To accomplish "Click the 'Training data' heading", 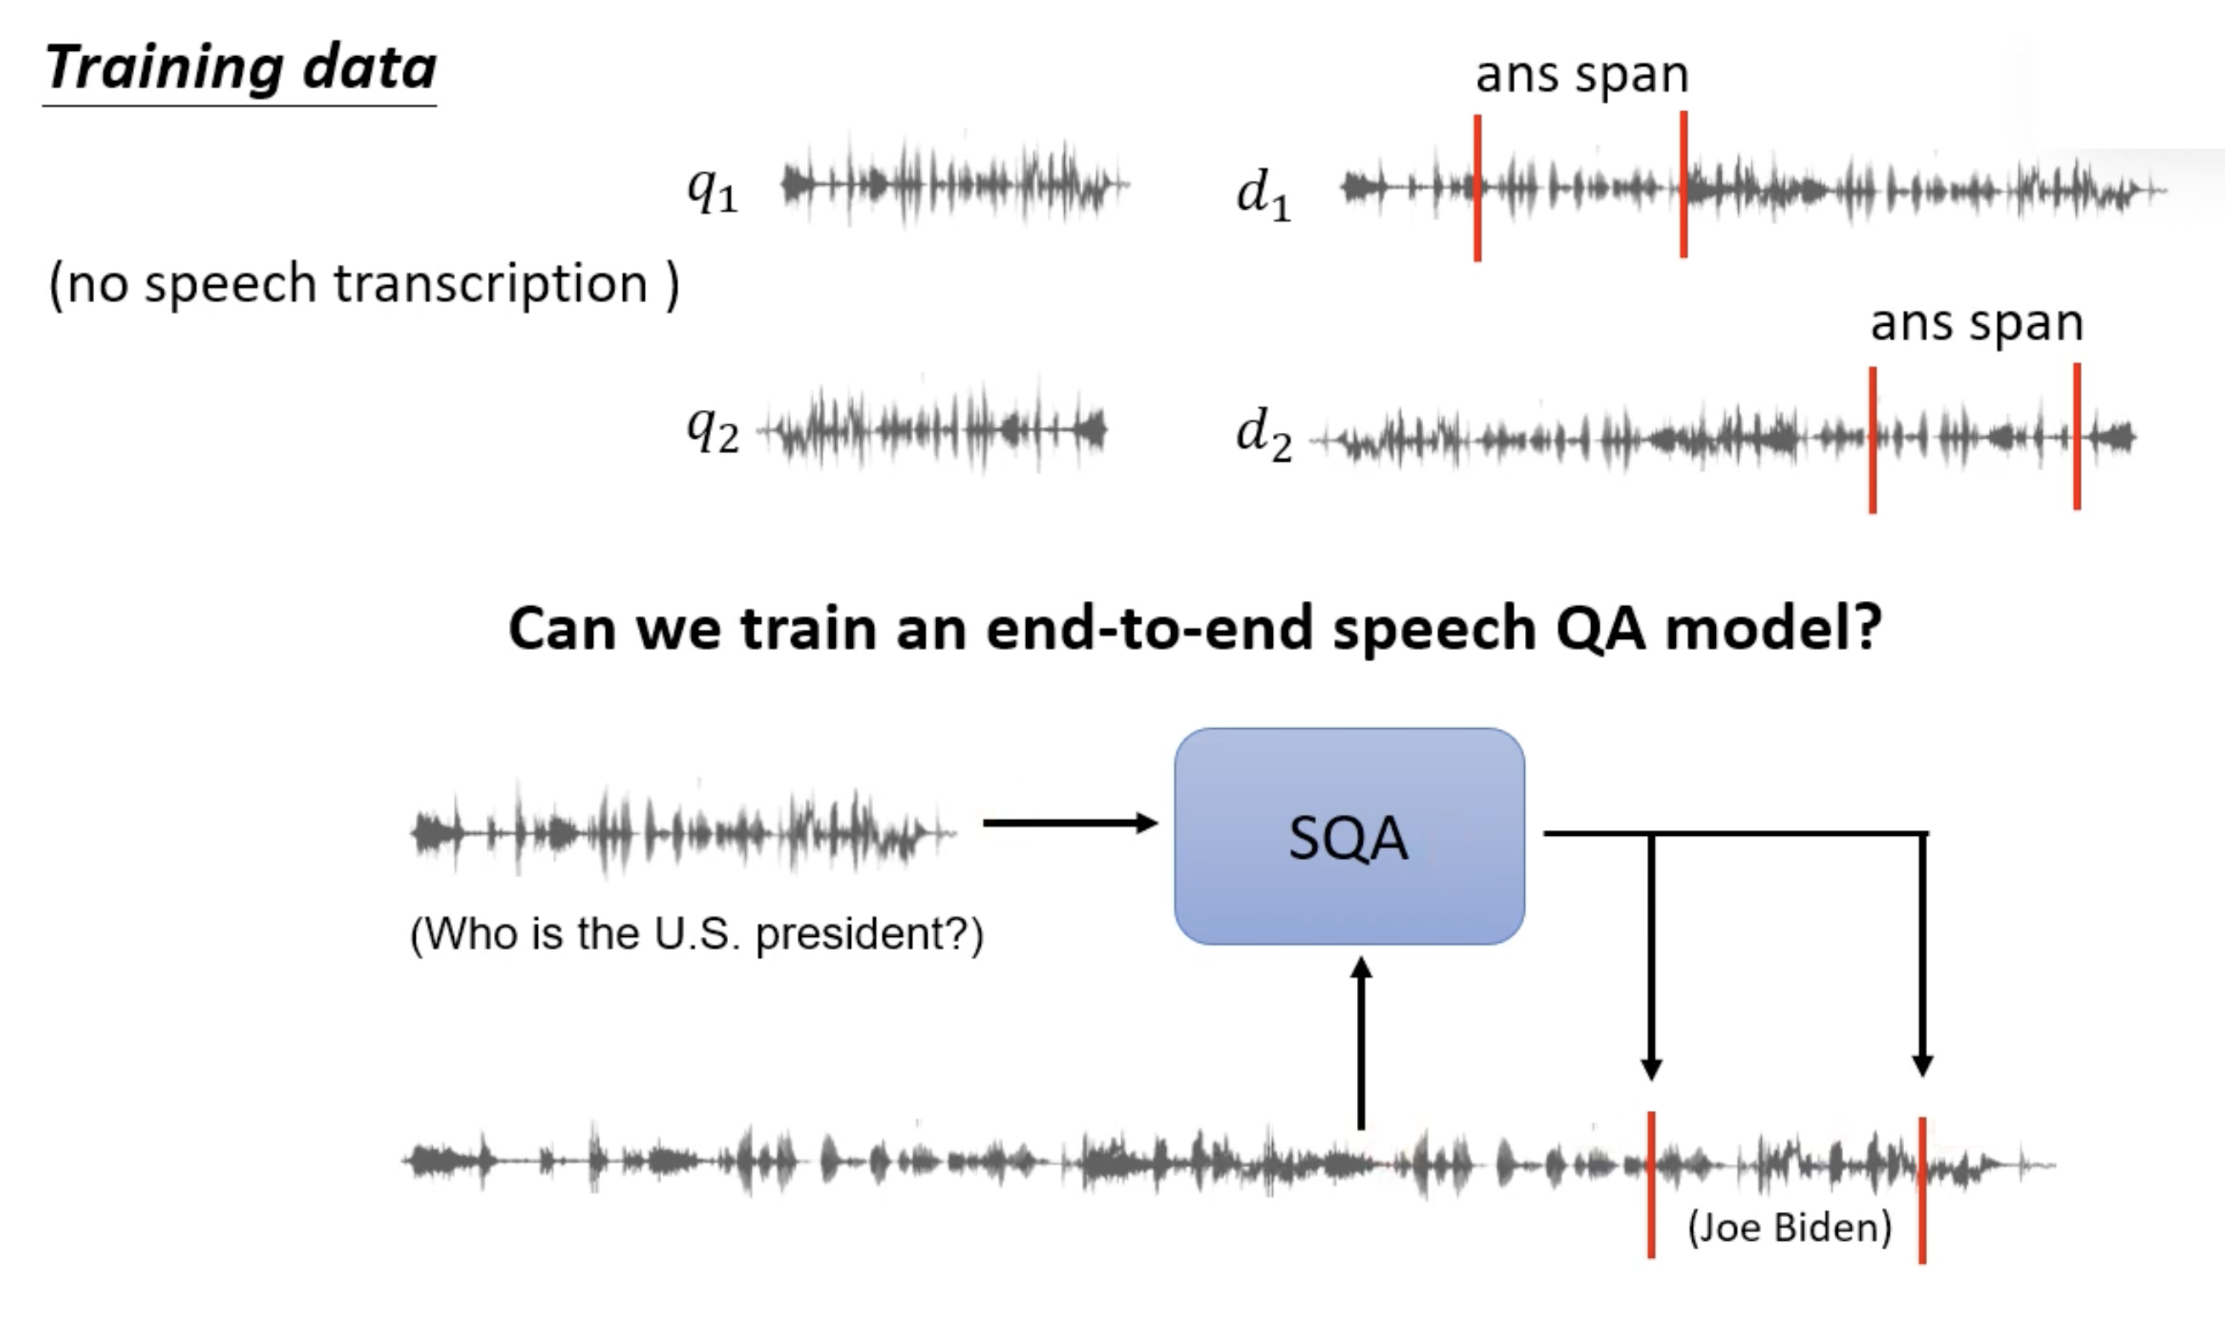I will pyautogui.click(x=241, y=70).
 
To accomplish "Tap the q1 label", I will pyautogui.click(x=713, y=189).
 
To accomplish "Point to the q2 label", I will pyautogui.click(x=713, y=429).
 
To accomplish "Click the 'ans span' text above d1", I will pyautogui.click(x=1582, y=75).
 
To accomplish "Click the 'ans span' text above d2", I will pyautogui.click(x=1976, y=323).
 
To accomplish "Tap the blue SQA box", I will pyautogui.click(x=1348, y=836).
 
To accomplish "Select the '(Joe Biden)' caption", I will pyautogui.click(x=1789, y=1227).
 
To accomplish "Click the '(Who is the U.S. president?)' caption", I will pyautogui.click(x=697, y=934).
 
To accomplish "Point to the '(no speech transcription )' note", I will pyautogui.click(x=364, y=284).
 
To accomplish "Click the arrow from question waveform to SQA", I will pyautogui.click(x=1069, y=822).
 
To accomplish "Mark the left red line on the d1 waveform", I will pyautogui.click(x=1477, y=188).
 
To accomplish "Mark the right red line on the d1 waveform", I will pyautogui.click(x=1683, y=184).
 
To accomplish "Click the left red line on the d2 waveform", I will pyautogui.click(x=1873, y=439).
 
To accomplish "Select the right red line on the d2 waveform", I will pyautogui.click(x=2077, y=436).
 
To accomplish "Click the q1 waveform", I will pyautogui.click(x=954, y=186).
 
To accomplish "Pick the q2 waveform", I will pyautogui.click(x=933, y=429).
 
